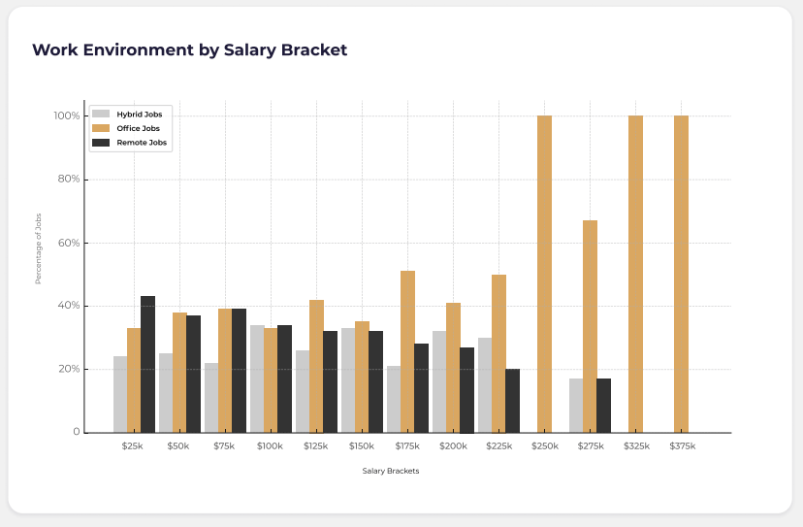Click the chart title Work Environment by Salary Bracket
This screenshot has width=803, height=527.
click(x=189, y=50)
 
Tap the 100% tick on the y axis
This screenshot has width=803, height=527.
click(x=66, y=116)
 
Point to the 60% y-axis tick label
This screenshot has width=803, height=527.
click(x=68, y=243)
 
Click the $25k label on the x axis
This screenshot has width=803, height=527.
click(x=134, y=445)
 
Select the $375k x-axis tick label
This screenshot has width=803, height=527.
click(x=682, y=445)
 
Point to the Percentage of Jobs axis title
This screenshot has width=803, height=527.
click(x=39, y=247)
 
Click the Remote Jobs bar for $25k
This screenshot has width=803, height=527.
click(x=147, y=364)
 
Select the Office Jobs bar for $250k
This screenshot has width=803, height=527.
click(x=544, y=275)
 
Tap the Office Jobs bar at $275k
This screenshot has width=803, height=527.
click(x=590, y=326)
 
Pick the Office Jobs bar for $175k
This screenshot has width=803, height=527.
click(x=407, y=351)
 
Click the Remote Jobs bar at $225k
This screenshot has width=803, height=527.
click(x=512, y=401)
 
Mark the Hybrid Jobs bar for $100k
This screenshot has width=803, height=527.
click(x=257, y=379)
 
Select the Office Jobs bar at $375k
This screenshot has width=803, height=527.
click(x=681, y=275)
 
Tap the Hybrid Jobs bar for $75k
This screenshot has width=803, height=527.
click(x=211, y=398)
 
